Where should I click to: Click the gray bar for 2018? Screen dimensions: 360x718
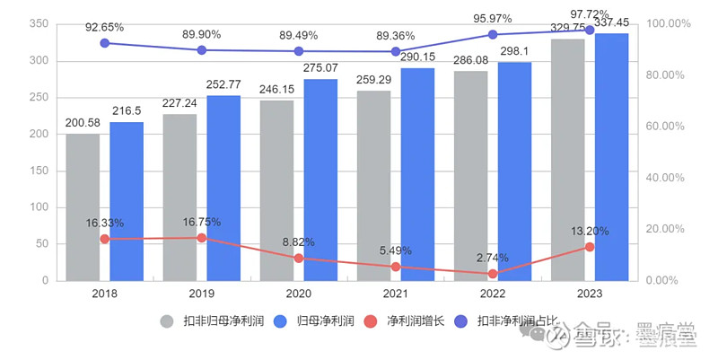[x=83, y=207]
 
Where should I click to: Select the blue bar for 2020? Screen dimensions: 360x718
[x=320, y=180]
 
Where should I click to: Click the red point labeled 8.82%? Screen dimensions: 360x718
[x=299, y=259]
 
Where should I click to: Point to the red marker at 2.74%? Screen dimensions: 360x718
[x=493, y=274]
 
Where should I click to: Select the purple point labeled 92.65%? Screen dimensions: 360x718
[x=104, y=43]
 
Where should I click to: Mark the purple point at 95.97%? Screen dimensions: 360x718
[x=493, y=35]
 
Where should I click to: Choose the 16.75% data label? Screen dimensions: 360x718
[x=202, y=223]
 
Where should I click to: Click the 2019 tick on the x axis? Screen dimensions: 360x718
[x=201, y=293]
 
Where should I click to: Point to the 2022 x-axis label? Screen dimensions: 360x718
[x=493, y=293]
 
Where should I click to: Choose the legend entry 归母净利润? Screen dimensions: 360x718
[x=325, y=320]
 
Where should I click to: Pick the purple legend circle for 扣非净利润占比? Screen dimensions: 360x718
[x=463, y=320]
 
